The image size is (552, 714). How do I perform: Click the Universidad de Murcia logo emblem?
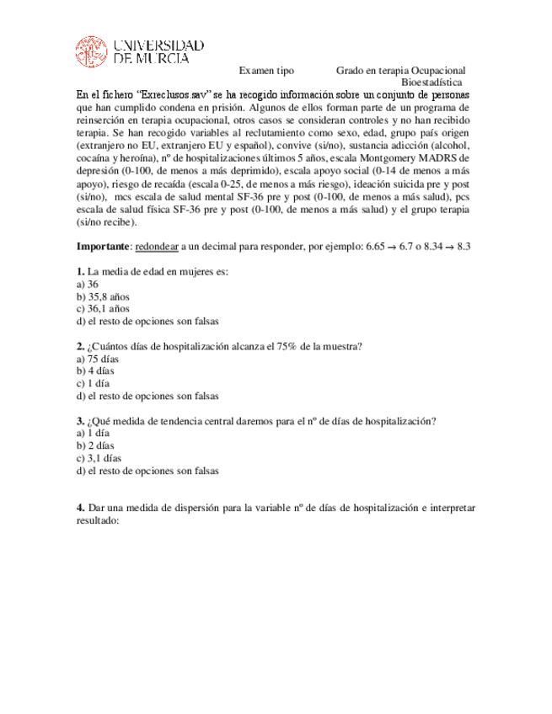coord(91,52)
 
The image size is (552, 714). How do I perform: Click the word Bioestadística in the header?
coord(431,83)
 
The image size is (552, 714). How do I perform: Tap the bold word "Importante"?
coord(103,246)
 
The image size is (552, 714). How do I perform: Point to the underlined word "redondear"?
coord(157,246)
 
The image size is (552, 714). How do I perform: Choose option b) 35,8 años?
coord(103,296)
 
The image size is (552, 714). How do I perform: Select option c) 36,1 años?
coord(103,308)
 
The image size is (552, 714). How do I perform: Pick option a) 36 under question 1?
coord(88,285)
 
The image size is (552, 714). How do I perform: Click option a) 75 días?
coord(98,359)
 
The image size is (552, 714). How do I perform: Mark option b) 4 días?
coord(95,370)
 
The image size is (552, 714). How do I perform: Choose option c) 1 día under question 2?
coord(92,383)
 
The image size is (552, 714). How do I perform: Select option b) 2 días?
coord(95,446)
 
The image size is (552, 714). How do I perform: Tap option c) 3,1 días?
coord(99,459)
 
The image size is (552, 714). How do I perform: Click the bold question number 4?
coord(80,509)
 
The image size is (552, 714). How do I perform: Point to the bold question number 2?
coord(80,346)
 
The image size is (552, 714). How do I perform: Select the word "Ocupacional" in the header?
coord(437,72)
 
